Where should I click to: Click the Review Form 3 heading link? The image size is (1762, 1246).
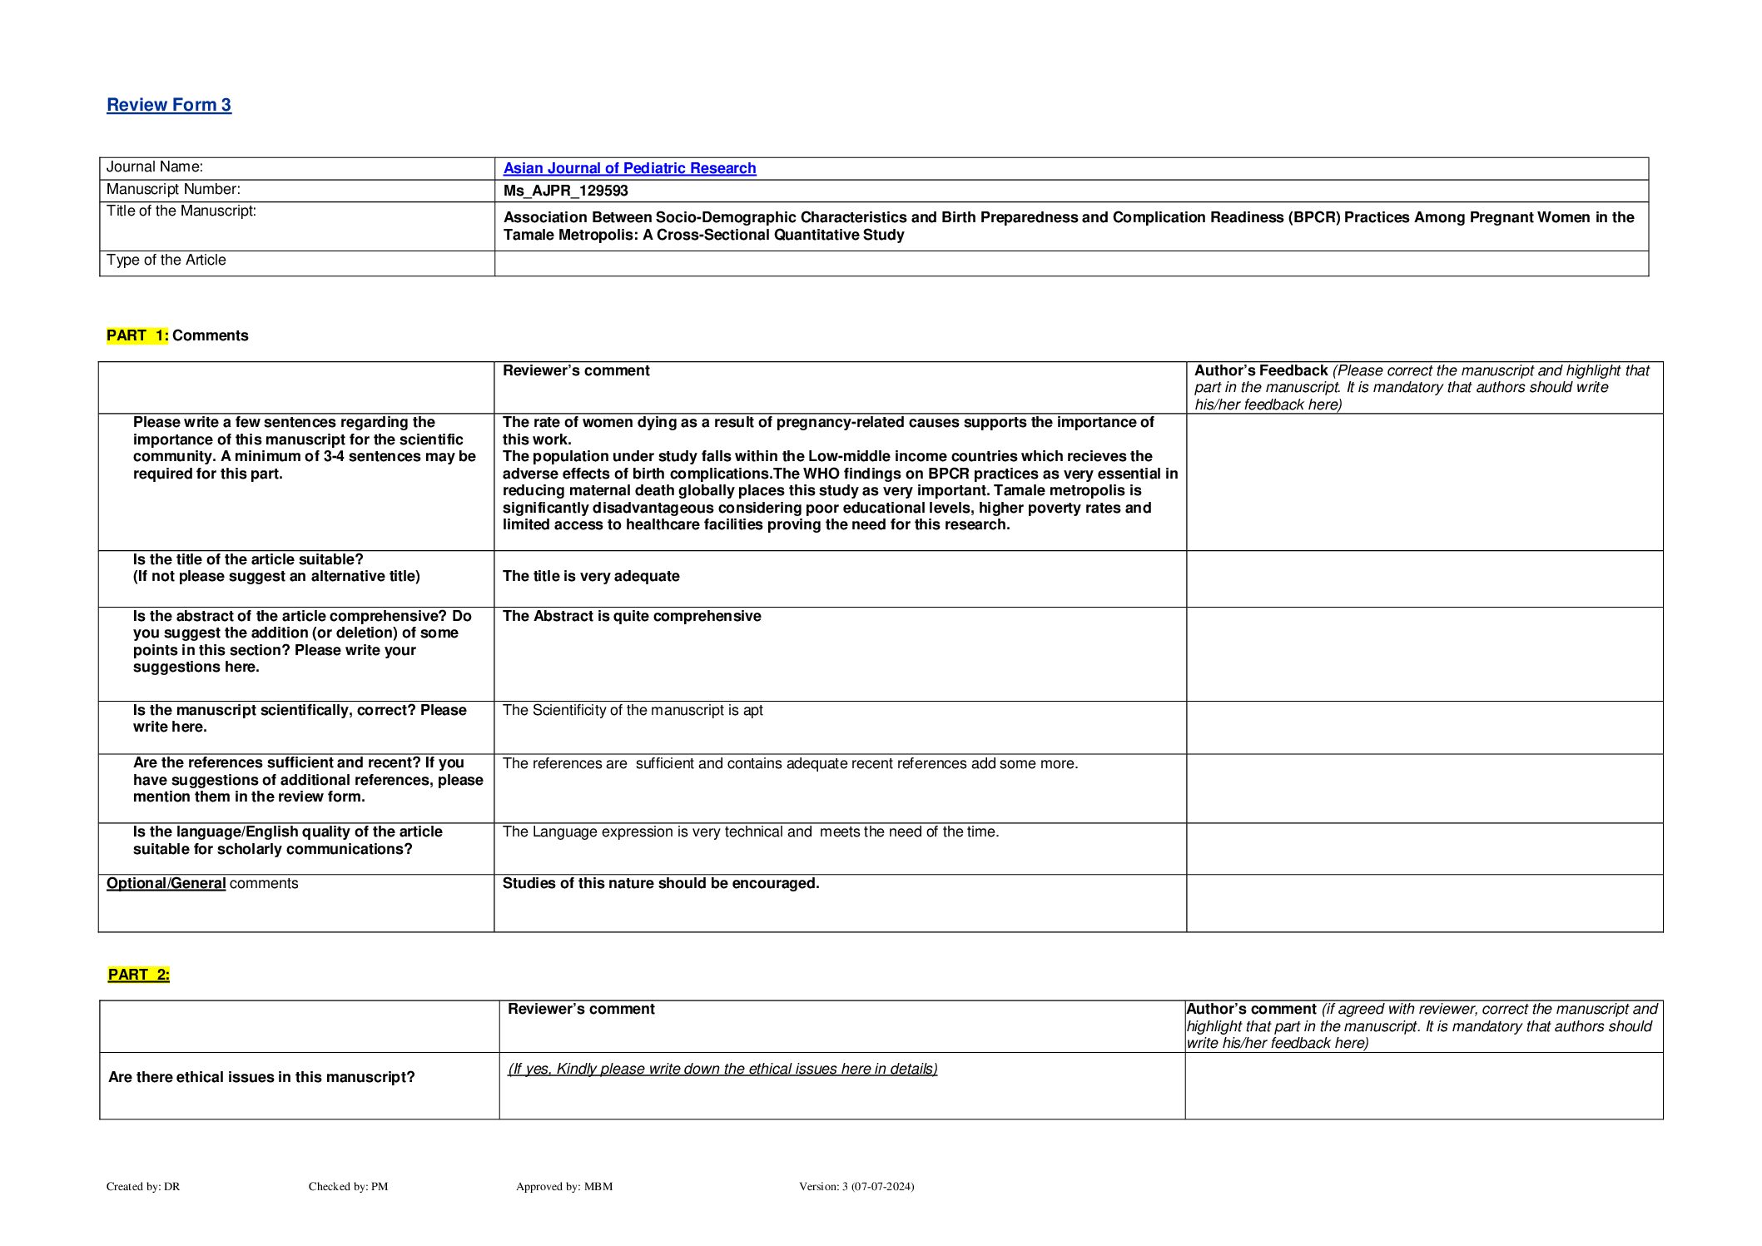169,105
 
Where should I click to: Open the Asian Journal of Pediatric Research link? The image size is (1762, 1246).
629,168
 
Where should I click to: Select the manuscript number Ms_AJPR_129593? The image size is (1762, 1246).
565,191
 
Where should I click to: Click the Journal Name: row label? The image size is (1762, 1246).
155,167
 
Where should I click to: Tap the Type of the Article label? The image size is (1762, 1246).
166,261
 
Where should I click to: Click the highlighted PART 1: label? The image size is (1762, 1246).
137,335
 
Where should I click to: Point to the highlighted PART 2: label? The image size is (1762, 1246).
139,975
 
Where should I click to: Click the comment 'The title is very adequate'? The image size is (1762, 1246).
591,576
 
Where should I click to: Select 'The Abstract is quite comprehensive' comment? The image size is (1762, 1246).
632,616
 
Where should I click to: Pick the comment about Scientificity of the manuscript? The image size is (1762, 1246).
633,710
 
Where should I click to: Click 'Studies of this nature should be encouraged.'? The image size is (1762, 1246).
661,883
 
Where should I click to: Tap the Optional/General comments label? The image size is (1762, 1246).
202,883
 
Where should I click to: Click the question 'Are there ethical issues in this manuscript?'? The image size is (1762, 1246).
261,1077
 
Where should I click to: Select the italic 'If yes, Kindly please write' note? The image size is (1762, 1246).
722,1069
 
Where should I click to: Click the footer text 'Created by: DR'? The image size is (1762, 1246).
143,1186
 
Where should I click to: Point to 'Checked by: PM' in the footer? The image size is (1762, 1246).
348,1186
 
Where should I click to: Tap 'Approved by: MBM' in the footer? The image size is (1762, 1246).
564,1186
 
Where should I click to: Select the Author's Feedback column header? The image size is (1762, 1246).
1261,370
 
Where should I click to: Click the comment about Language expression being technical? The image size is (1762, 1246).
751,831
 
